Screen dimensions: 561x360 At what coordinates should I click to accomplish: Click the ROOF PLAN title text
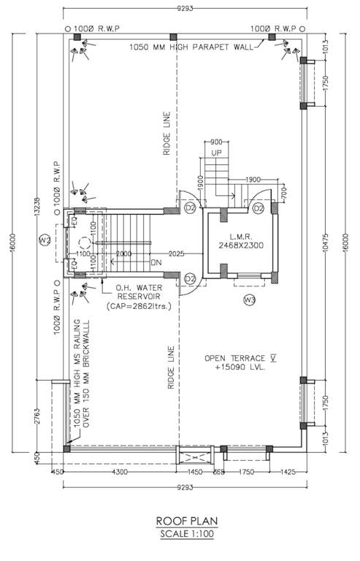coord(186,521)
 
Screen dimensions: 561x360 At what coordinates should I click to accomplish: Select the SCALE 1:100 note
coord(186,533)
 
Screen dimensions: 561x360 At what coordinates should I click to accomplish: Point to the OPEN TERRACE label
coord(235,357)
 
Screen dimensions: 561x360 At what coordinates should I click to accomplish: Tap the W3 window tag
coord(249,299)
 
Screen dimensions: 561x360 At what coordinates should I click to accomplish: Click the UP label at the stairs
coord(216,153)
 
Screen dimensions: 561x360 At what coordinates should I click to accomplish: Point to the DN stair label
coord(155,262)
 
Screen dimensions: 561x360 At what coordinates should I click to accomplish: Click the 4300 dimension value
coord(120,473)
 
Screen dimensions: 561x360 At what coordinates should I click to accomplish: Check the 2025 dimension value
coord(175,253)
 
